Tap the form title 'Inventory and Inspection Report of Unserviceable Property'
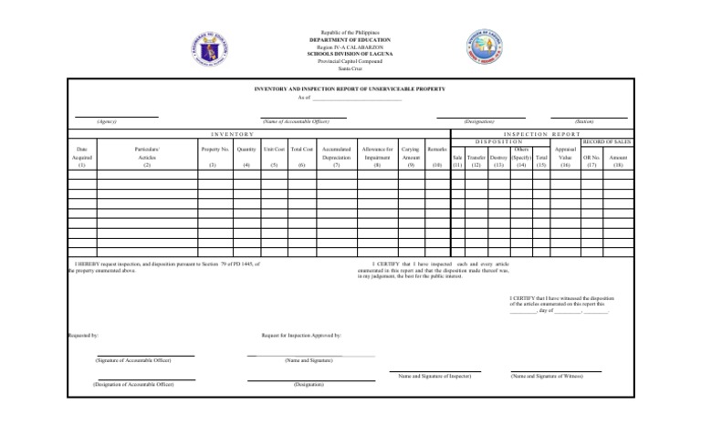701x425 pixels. coord(350,89)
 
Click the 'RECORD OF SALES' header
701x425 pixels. coord(605,141)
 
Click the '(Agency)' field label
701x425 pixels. coord(107,121)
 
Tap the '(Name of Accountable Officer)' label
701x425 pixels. coord(296,121)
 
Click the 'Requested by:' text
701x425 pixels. coord(84,336)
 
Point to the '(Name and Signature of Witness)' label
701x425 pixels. coord(546,376)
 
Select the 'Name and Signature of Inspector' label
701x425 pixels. coord(434,376)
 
